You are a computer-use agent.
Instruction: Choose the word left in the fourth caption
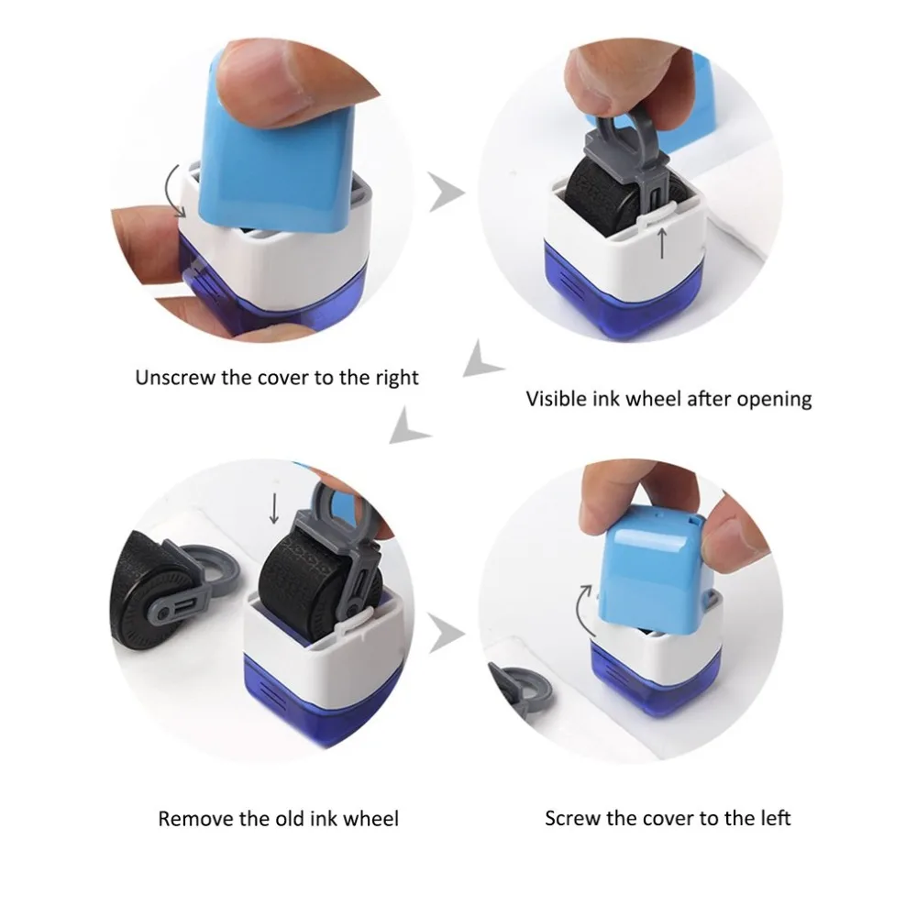pyautogui.click(x=776, y=818)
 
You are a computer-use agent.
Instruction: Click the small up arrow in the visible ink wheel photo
pyautogui.click(x=662, y=243)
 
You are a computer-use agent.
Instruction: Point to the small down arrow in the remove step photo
pyautogui.click(x=273, y=508)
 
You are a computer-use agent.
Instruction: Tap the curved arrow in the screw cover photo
pyautogui.click(x=580, y=611)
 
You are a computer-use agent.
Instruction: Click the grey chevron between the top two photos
pyautogui.click(x=446, y=192)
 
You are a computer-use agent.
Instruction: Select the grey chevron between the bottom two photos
pyautogui.click(x=446, y=634)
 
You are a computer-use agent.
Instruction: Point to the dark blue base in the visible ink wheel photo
pyautogui.click(x=624, y=290)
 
